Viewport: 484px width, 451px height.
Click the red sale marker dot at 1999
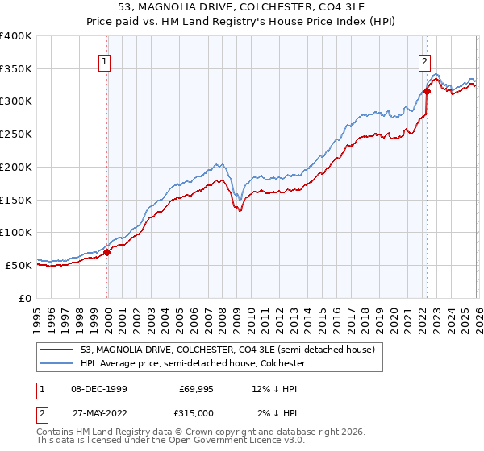(107, 252)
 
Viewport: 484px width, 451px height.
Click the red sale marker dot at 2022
(427, 91)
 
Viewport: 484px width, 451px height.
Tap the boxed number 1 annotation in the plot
(106, 59)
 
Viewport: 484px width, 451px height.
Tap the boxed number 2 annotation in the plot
(424, 59)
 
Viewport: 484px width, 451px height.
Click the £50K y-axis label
(19, 265)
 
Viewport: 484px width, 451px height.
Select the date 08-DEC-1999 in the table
(98, 388)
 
